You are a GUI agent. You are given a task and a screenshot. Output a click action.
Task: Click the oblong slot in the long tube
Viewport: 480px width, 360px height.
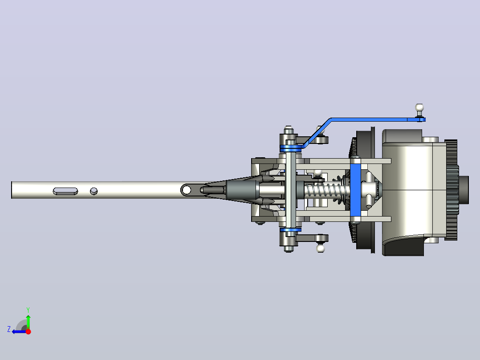[x=65, y=191]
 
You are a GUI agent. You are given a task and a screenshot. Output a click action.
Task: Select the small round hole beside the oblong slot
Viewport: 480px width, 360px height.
[x=94, y=191]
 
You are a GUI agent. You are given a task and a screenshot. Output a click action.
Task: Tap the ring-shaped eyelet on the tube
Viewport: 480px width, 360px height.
[x=186, y=190]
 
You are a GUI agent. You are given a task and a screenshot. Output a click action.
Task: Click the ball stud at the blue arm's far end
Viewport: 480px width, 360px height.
[x=419, y=109]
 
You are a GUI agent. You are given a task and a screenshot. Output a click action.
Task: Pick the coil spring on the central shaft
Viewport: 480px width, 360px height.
[x=325, y=190]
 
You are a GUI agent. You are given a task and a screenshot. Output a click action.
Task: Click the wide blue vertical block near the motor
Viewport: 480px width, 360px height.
[x=355, y=190]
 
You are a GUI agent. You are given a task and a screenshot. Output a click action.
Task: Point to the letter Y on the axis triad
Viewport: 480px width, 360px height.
[x=28, y=310]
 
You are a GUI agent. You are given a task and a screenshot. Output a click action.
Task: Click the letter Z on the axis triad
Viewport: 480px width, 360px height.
[x=9, y=329]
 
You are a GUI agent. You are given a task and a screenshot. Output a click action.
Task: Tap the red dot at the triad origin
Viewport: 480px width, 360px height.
[x=28, y=331]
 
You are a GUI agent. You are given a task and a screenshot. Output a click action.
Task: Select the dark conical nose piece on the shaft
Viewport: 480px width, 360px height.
[x=242, y=190]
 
